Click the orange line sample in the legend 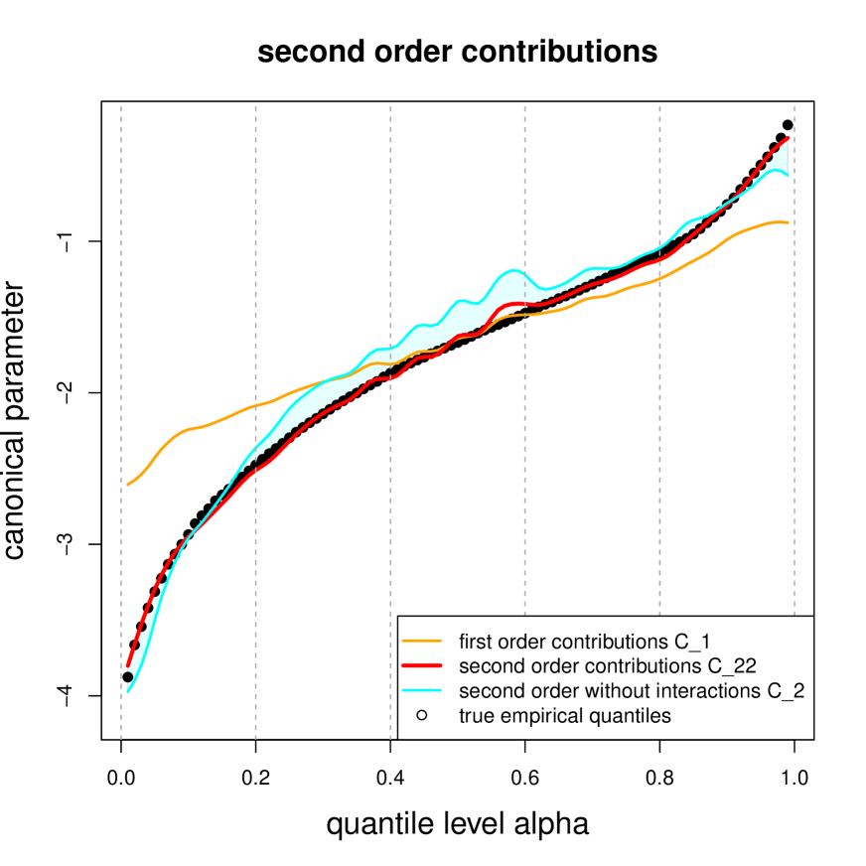pyautogui.click(x=422, y=639)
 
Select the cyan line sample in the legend pyautogui.click(x=422, y=690)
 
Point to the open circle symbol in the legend pyautogui.click(x=422, y=716)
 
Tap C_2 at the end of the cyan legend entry pyautogui.click(x=784, y=690)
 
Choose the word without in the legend pyautogui.click(x=634, y=690)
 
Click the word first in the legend pyautogui.click(x=474, y=639)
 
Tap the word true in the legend pyautogui.click(x=475, y=716)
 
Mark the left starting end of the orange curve pyautogui.click(x=128, y=485)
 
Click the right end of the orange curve pyautogui.click(x=789, y=222)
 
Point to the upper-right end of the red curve pyautogui.click(x=789, y=137)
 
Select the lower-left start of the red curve pyautogui.click(x=128, y=667)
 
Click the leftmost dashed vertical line pyautogui.click(x=122, y=417)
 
